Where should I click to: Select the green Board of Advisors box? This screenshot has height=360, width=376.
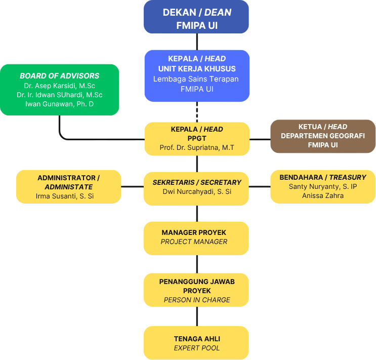coord(60,90)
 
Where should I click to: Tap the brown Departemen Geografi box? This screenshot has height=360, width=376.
coord(323,136)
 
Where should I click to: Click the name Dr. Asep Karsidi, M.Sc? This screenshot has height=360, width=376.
coord(60,86)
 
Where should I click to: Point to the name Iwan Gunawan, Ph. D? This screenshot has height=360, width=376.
coord(60,104)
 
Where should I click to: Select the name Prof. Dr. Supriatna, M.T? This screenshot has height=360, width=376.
coord(197,148)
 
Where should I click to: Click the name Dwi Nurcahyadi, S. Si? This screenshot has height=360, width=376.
coord(197,191)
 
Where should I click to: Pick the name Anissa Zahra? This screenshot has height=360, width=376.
coord(323,195)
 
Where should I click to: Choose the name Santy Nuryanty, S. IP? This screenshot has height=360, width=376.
coord(323,187)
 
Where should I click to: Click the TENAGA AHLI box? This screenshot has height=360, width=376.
coord(196,343)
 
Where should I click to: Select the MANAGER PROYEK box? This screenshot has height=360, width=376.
coord(196,237)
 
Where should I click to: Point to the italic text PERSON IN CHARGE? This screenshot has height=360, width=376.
coord(197,300)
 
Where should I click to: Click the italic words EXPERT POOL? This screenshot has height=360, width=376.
coord(197,348)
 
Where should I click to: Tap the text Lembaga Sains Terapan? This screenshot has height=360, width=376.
coord(196,79)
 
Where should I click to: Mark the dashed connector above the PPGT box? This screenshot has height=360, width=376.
coord(197,111)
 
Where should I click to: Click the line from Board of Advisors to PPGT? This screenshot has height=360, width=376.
coord(101,138)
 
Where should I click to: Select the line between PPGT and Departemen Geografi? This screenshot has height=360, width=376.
coord(260,138)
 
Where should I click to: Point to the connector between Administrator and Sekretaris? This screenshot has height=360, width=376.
coord(133,187)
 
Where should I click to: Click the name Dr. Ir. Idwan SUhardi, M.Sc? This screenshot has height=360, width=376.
coord(60,95)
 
